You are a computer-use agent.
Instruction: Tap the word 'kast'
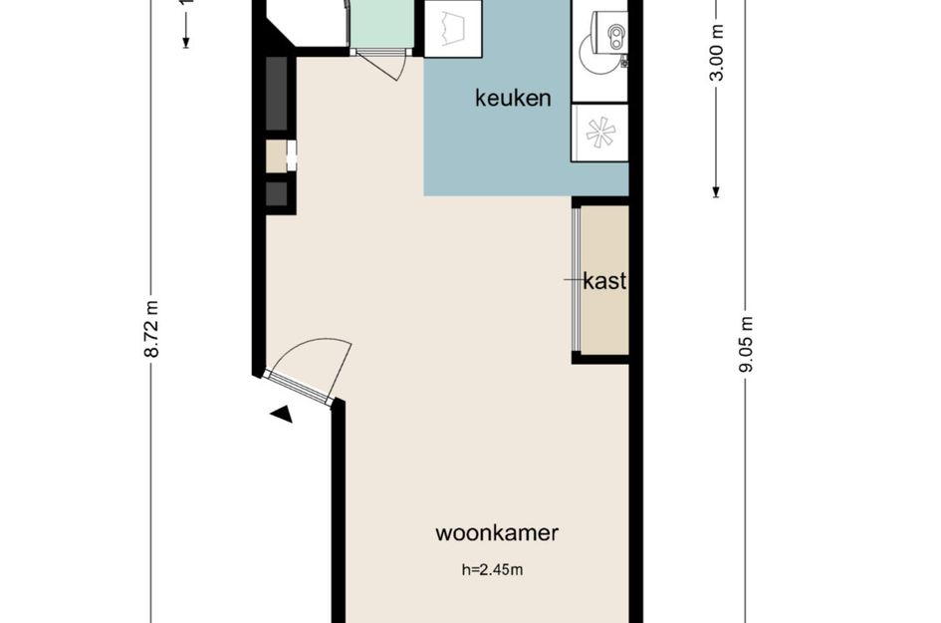pyautogui.click(x=604, y=281)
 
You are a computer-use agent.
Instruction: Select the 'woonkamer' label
pyautogui.click(x=497, y=532)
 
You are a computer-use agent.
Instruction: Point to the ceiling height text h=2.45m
pyautogui.click(x=492, y=570)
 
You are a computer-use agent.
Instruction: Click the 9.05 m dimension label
pyautogui.click(x=745, y=344)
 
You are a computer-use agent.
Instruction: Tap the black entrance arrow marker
pyautogui.click(x=282, y=413)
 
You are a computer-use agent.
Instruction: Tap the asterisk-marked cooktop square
pyautogui.click(x=599, y=134)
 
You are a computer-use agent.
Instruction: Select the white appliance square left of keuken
pyautogui.click(x=453, y=27)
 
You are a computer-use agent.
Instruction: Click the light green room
pyautogui.click(x=383, y=22)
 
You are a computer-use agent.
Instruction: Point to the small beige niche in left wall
pyautogui.click(x=276, y=156)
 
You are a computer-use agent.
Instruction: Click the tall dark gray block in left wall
pyautogui.click(x=277, y=94)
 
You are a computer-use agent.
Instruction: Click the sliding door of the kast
pyautogui.click(x=577, y=279)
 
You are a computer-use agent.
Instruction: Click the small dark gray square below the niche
pyautogui.click(x=277, y=193)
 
